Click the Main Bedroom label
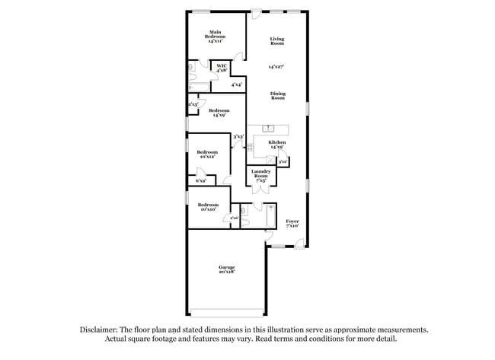tap(216, 35)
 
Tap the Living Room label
tap(276, 41)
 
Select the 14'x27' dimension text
tap(276, 68)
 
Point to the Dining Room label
tap(278, 96)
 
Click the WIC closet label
tap(222, 68)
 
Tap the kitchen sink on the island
tap(269, 127)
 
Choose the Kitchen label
tap(276, 145)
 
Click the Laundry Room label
tap(260, 176)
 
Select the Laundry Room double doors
tap(261, 188)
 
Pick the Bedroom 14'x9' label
tap(219, 113)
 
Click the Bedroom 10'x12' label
tap(207, 155)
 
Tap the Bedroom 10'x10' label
tap(209, 206)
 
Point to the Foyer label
tap(292, 223)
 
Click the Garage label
tap(227, 269)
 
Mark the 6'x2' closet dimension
tap(201, 181)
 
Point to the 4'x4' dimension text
tap(237, 84)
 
